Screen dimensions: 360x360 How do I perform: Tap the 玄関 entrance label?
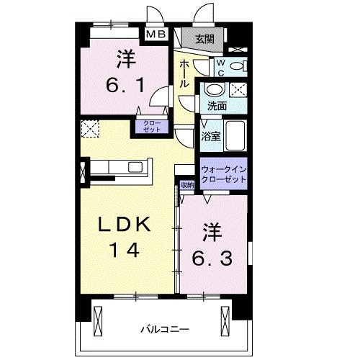(203, 39)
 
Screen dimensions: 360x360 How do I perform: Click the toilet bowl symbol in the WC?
(242, 66)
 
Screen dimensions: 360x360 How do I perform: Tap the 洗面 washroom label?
(217, 105)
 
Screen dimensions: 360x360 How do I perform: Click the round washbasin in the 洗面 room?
(215, 91)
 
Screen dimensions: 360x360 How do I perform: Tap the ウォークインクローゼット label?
(225, 174)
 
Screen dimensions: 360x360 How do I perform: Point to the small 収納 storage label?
(187, 184)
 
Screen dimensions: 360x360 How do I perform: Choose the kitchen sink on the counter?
(135, 167)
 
